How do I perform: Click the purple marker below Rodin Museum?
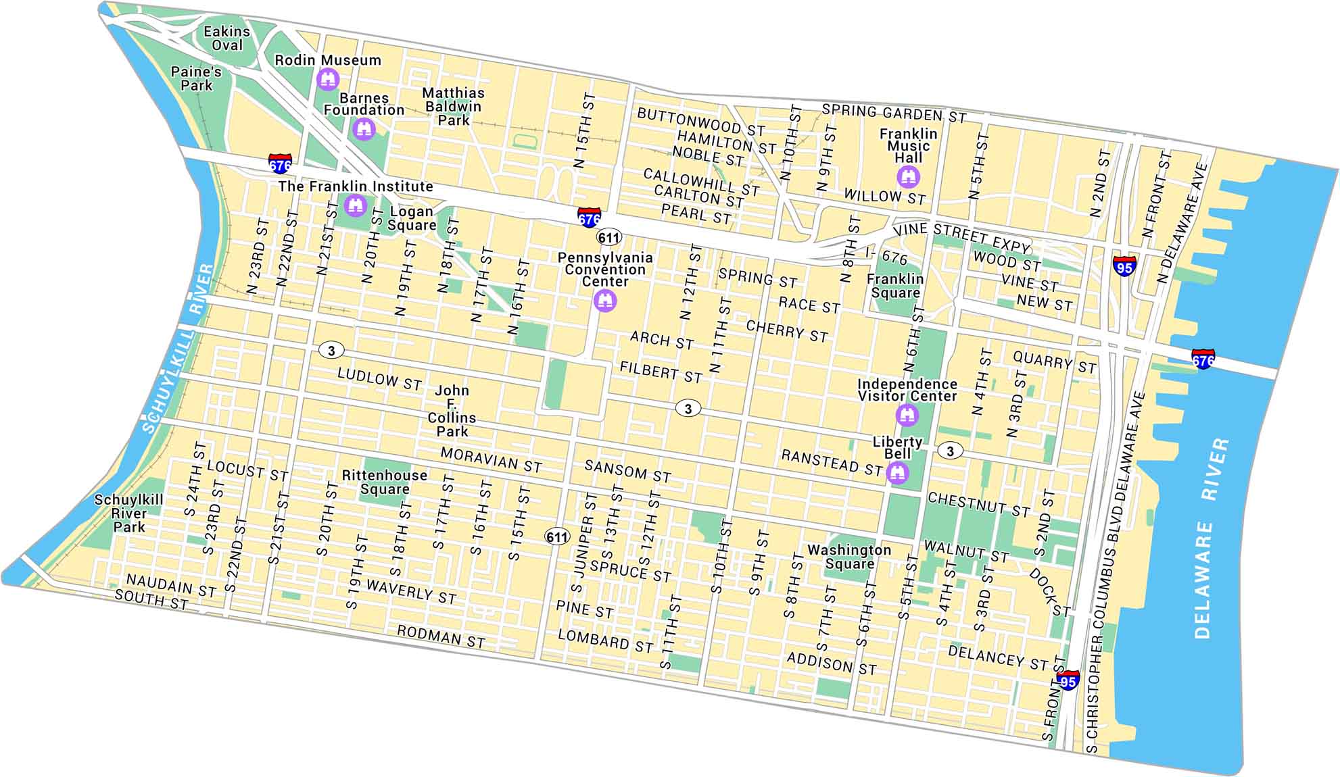(328, 80)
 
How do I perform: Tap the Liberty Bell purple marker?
(897, 472)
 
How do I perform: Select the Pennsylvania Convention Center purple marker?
(605, 300)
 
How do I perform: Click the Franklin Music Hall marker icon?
(908, 177)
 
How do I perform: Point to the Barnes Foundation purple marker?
(364, 128)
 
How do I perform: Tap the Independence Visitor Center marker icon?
(907, 414)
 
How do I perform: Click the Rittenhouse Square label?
(384, 482)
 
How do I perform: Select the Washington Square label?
(849, 557)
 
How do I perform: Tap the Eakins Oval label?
(227, 38)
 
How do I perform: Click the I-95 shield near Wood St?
(1124, 266)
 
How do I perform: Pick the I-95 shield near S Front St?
(1068, 680)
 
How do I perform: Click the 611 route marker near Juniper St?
(557, 537)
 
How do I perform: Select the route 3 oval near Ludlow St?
(331, 350)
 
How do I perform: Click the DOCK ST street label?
(1049, 592)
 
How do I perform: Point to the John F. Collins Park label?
(452, 411)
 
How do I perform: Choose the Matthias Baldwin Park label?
(453, 106)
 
